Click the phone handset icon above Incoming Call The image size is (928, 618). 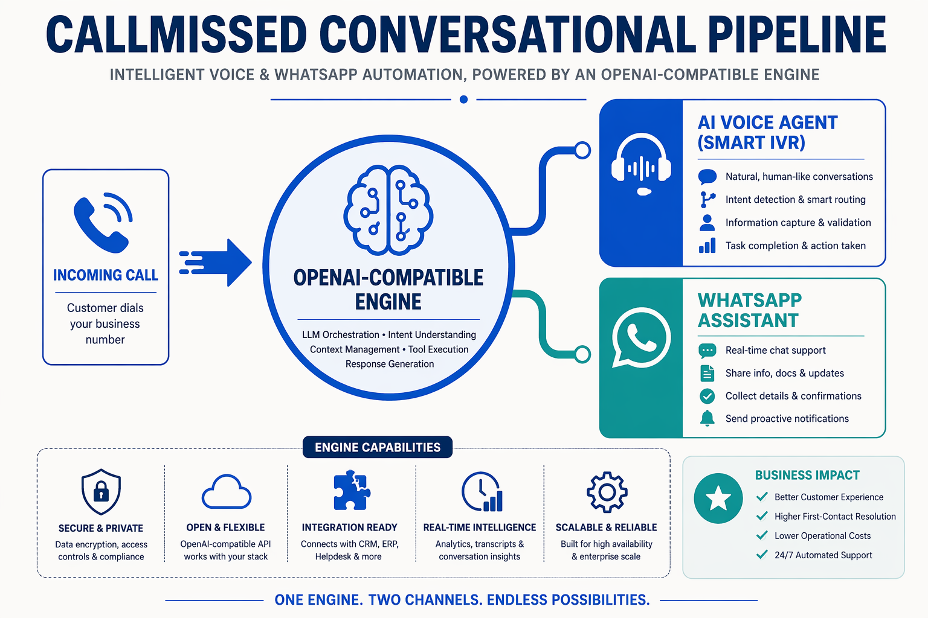103,223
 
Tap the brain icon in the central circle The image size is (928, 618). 388,210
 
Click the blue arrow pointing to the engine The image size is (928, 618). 216,263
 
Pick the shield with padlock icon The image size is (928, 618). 101,492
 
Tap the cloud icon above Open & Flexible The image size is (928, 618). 226,492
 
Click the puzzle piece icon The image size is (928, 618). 352,490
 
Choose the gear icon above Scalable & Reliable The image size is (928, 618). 607,492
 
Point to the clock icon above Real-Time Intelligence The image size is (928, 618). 482,492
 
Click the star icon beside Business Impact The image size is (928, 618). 718,498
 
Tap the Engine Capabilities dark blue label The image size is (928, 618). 378,447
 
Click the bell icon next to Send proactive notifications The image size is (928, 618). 707,418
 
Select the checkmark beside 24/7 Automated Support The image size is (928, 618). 762,554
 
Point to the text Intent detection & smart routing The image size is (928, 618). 796,200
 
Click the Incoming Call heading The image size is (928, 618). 106,275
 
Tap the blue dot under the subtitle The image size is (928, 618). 463,100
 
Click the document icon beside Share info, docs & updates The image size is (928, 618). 707,373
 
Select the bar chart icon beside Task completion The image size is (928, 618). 707,246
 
